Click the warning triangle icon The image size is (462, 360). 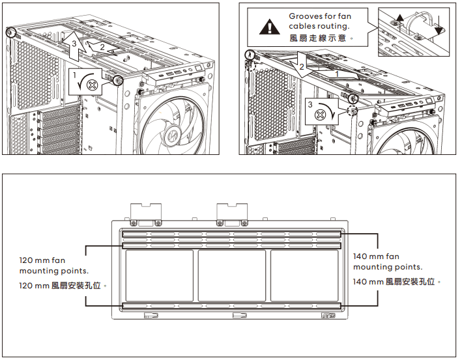pyautogui.click(x=268, y=27)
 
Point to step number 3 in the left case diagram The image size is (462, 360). pyautogui.click(x=75, y=44)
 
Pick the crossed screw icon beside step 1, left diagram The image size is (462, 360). pyautogui.click(x=93, y=85)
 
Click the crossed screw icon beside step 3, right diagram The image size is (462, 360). pyautogui.click(x=319, y=115)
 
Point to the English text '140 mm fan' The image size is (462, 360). pyautogui.click(x=375, y=256)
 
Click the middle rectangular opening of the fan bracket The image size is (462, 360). pyautogui.click(x=231, y=276)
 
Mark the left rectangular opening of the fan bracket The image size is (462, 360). pyautogui.click(x=158, y=276)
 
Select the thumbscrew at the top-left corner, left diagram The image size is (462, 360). pyautogui.click(x=11, y=33)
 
